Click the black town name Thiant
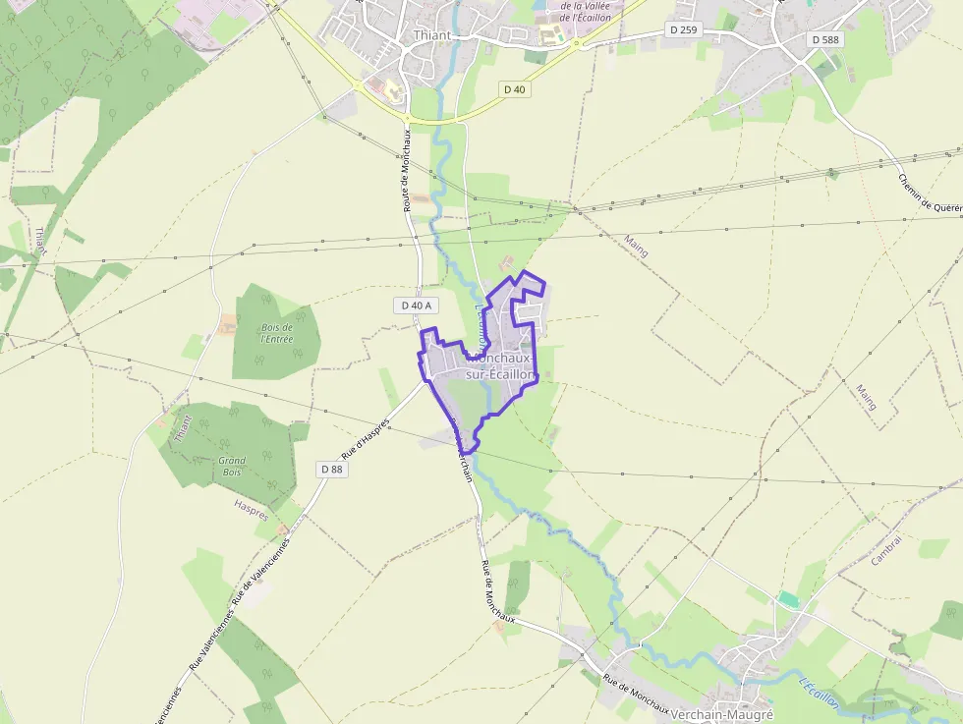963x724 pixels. [432, 35]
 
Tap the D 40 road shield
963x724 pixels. [515, 89]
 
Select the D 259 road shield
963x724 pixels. [683, 30]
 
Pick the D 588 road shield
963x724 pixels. [826, 39]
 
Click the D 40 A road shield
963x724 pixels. [418, 306]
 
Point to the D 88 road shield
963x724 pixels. [332, 470]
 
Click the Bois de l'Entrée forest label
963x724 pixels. [276, 333]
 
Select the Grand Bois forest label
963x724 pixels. [232, 466]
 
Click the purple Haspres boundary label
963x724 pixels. [251, 505]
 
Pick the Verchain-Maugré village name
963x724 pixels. [720, 715]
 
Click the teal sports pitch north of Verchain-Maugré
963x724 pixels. [788, 598]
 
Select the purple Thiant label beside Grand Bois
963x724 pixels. [183, 428]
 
